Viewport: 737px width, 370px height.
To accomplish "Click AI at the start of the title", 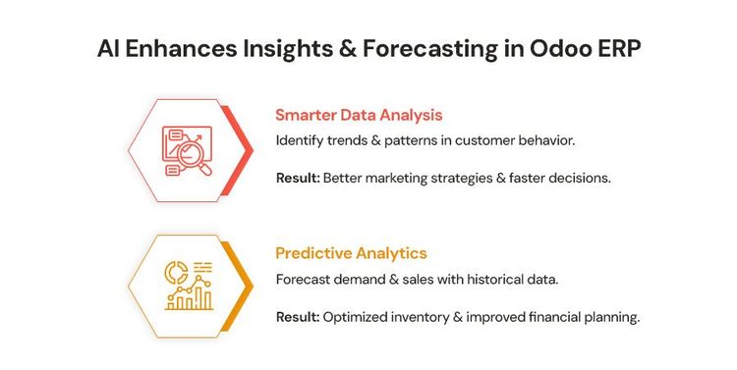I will [x=109, y=49].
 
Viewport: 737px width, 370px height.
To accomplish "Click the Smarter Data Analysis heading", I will [x=359, y=115].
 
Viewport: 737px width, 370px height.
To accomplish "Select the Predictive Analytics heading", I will [x=351, y=252].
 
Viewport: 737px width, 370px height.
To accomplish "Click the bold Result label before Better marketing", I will [x=297, y=178].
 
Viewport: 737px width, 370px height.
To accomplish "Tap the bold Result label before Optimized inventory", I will [x=297, y=317].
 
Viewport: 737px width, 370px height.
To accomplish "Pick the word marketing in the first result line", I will [x=402, y=178].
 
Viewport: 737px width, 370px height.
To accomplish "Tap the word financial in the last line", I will [x=561, y=317].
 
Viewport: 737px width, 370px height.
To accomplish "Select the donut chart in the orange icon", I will [x=176, y=269].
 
